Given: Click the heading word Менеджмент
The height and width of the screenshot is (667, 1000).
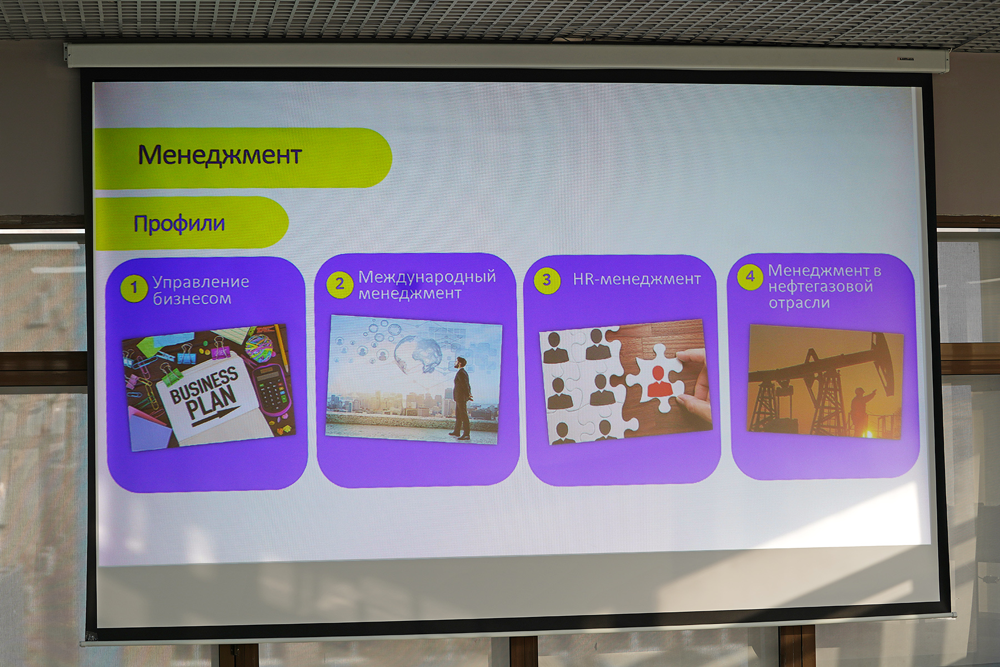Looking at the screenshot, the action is pos(219,155).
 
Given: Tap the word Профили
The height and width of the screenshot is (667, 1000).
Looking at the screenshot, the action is pos(179,224).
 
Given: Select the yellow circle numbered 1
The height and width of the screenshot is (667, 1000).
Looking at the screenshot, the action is pos(133,288).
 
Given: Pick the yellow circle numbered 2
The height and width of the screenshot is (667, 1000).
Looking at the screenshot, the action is pos(339,284).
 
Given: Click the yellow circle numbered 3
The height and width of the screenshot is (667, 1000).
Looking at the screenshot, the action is pos(547,280).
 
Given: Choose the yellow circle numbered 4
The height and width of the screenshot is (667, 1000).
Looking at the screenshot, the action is pos(750,276).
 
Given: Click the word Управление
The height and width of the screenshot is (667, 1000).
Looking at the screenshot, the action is pos(201,283).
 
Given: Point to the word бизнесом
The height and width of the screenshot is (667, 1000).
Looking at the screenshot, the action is pos(192,299).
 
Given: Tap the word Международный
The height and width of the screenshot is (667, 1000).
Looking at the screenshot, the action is pos(427,277).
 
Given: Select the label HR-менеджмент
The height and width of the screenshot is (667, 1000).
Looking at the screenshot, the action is pos(637,279).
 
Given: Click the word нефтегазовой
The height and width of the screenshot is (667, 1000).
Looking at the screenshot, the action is pos(821,287).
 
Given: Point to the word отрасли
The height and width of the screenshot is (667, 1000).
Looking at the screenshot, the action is pos(799,303).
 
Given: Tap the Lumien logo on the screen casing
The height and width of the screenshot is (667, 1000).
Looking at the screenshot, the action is pos(906,59).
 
